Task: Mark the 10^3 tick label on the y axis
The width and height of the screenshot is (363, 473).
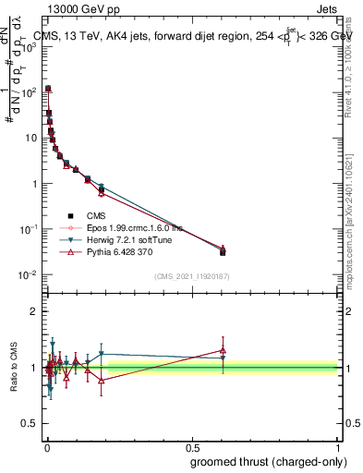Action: pos(30,47)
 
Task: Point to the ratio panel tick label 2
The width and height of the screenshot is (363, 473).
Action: pos(33,311)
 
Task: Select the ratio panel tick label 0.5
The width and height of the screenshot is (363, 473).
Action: pos(30,425)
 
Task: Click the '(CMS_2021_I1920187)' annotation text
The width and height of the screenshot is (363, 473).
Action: pos(192,276)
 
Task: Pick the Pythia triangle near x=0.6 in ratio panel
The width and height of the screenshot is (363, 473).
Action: pos(223,350)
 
